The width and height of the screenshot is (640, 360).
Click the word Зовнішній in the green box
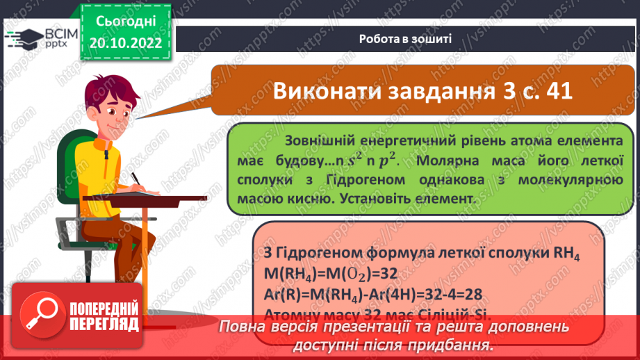[x=319, y=140]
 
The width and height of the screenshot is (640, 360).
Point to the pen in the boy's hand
[x=137, y=179]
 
